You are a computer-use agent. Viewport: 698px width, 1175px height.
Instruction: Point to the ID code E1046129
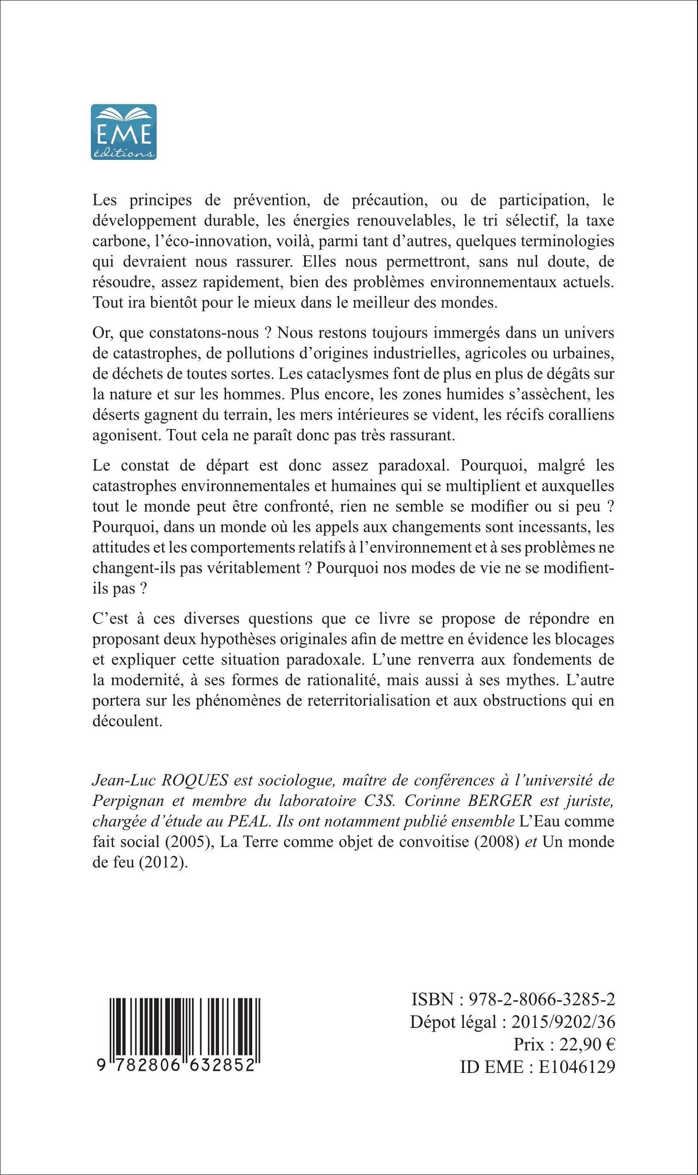576,1067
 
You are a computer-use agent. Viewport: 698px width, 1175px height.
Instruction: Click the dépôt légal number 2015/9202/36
563,1022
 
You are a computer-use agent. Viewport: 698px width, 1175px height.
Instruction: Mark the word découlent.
127,721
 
